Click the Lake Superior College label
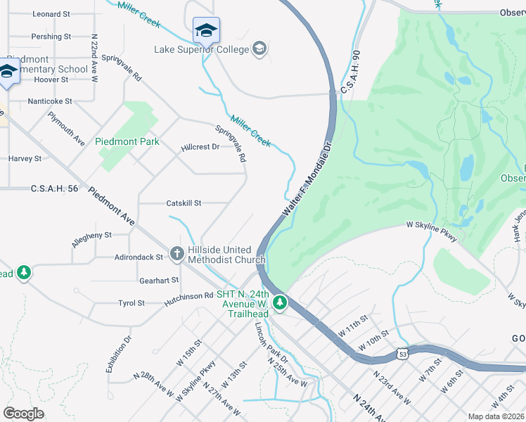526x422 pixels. click(202, 49)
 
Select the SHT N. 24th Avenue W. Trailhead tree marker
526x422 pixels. click(281, 303)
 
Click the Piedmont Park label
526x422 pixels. click(127, 141)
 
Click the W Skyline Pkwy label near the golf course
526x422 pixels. click(432, 233)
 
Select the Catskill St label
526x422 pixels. click(184, 203)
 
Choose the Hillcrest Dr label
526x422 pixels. click(200, 147)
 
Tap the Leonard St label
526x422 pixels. click(51, 14)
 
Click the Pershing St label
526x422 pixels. click(51, 37)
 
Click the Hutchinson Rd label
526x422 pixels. click(188, 296)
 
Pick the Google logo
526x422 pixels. click(24, 413)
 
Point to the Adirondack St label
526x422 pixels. click(139, 257)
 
